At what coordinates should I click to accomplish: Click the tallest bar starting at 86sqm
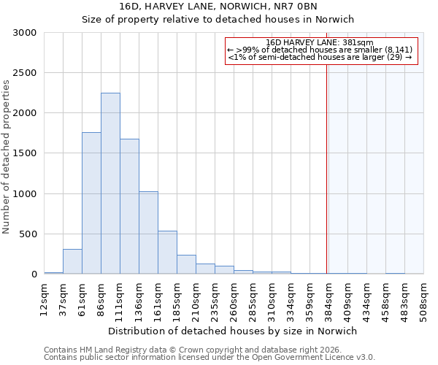tap(110, 183)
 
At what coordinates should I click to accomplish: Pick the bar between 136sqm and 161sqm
tap(148, 232)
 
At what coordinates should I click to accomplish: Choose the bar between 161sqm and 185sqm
tap(167, 252)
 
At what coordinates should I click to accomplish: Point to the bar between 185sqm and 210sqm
tap(186, 264)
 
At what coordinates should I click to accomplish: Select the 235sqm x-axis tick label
tap(215, 297)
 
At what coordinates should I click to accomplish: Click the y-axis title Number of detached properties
tap(7, 157)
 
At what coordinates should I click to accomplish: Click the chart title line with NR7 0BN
tap(218, 6)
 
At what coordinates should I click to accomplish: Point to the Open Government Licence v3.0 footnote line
tap(210, 357)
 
